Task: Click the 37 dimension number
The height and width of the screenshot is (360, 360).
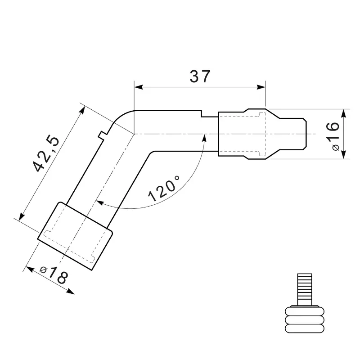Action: (200, 76)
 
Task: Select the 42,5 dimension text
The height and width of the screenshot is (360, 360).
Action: (46, 154)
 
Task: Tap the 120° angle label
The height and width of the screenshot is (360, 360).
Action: (164, 188)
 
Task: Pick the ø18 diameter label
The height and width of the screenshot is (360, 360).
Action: (54, 274)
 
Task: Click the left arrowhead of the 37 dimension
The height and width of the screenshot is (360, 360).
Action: (139, 87)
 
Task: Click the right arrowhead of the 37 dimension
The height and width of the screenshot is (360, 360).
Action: (261, 87)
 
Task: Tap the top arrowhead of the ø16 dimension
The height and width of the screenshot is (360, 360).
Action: (343, 114)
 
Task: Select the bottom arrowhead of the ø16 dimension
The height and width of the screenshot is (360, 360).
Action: (343, 154)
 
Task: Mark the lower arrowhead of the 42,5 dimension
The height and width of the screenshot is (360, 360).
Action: (22, 216)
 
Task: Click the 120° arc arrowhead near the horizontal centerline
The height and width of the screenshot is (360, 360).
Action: (204, 138)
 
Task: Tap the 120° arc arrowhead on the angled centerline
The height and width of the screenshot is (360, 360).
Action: (100, 203)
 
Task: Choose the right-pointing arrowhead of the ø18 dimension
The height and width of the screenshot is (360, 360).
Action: (71, 292)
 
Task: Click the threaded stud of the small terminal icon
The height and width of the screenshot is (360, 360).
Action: (305, 289)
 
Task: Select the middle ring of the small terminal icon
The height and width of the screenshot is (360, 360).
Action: (305, 319)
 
